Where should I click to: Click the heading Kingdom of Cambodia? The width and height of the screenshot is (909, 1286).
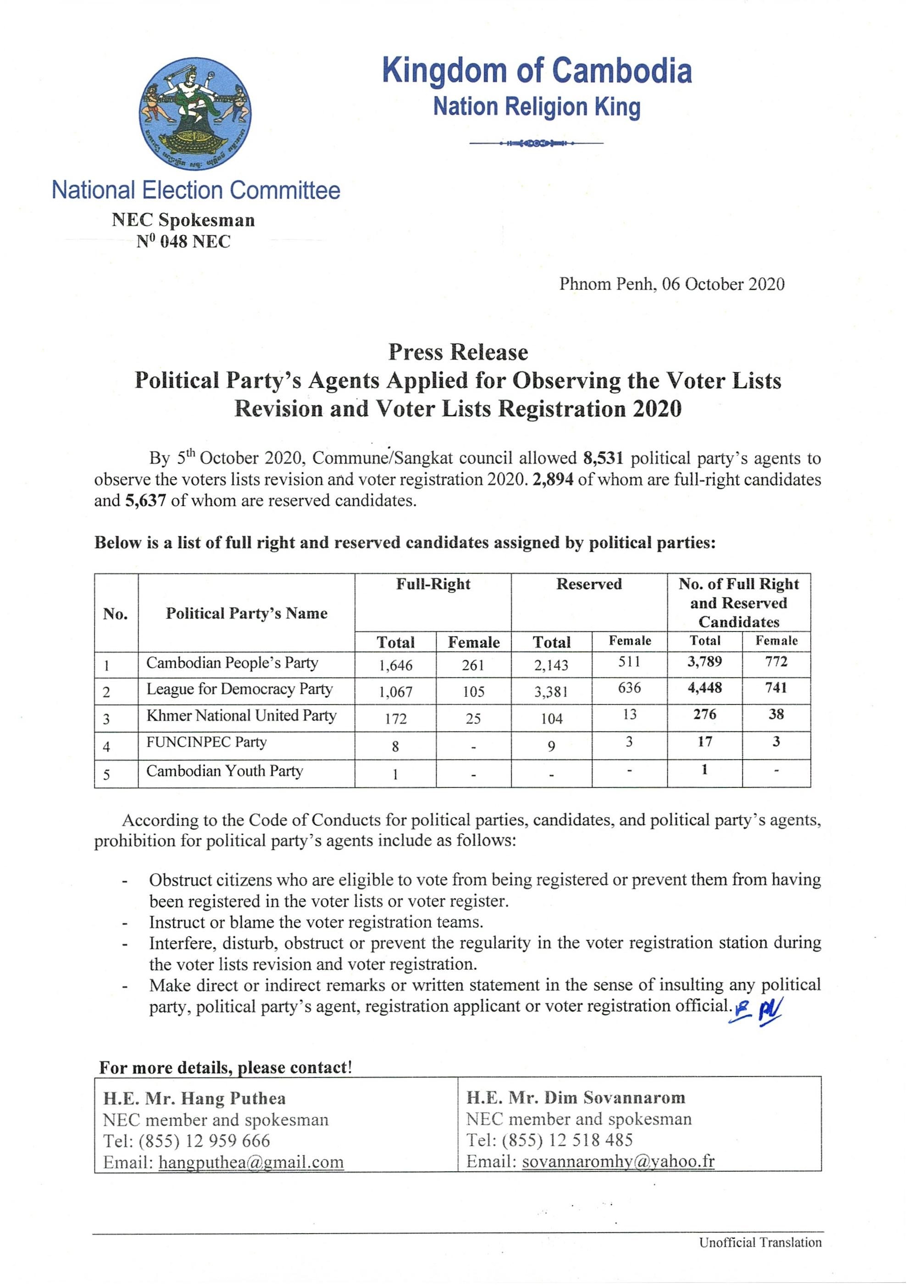[537, 71]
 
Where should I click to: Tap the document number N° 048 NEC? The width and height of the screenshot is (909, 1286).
[184, 242]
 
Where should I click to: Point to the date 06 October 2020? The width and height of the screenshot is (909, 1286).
[722, 284]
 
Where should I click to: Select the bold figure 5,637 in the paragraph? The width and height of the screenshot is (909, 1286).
[146, 500]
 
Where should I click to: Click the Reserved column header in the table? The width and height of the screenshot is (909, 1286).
[588, 584]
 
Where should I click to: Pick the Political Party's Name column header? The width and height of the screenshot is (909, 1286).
[246, 613]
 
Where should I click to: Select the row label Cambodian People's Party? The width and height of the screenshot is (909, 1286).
[232, 663]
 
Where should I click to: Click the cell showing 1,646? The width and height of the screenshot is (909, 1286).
[395, 665]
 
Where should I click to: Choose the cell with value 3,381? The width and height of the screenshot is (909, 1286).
[551, 692]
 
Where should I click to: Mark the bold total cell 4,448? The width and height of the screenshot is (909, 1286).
[704, 688]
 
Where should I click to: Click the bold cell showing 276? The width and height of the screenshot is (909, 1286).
[704, 714]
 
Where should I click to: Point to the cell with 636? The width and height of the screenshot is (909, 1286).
[630, 688]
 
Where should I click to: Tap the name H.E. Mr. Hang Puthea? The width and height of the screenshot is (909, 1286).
[194, 1098]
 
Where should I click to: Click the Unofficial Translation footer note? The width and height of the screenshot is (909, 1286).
[759, 1242]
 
